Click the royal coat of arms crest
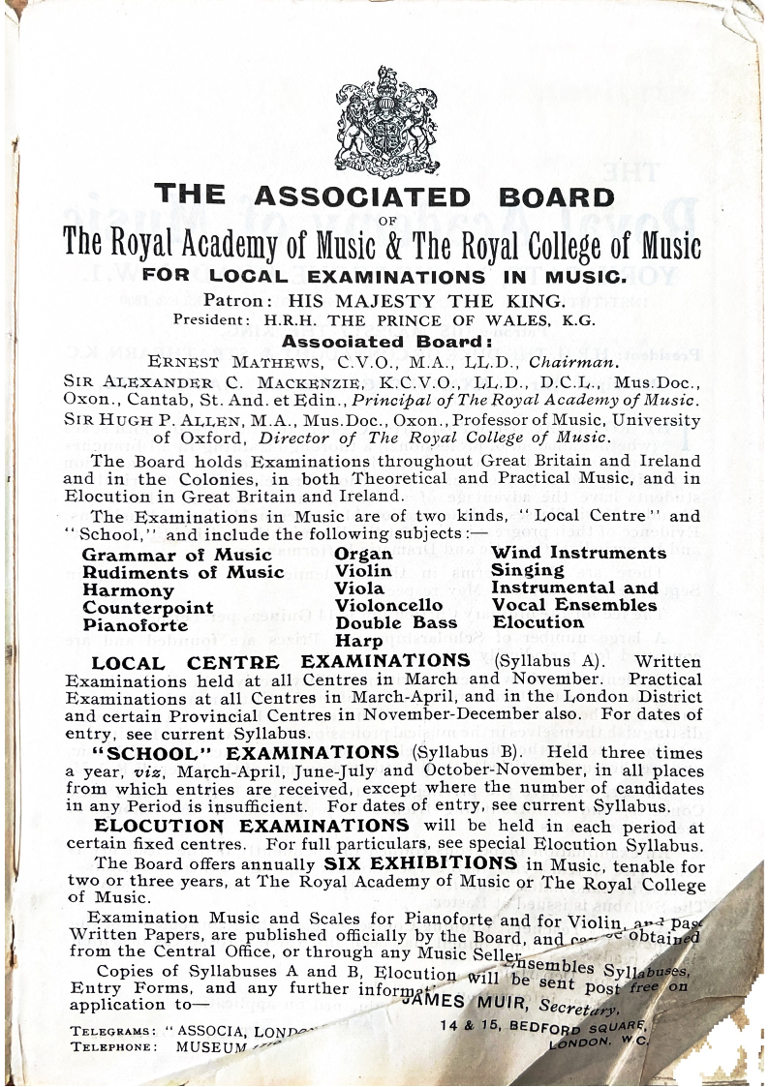384,121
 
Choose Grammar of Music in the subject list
177,555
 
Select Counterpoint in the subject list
148,608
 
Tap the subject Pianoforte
136,625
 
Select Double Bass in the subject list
396,622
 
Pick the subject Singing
528,570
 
